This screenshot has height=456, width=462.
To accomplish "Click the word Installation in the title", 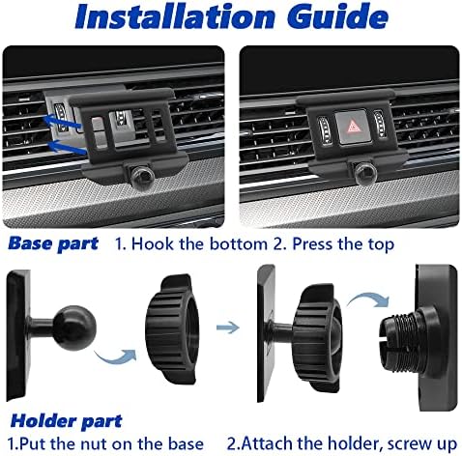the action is [175, 16].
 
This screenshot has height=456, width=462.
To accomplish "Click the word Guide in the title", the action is [337, 16].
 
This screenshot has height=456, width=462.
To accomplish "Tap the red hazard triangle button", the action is [354, 127].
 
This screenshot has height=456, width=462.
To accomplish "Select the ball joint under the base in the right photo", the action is [365, 172].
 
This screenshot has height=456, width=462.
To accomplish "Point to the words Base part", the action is [53, 243].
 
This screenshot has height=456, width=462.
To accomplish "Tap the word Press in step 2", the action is [311, 243].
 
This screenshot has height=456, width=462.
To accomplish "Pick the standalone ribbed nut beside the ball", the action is [171, 329].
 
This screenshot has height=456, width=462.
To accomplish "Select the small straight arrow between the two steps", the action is [228, 328].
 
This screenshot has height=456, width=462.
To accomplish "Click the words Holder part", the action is [67, 421].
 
